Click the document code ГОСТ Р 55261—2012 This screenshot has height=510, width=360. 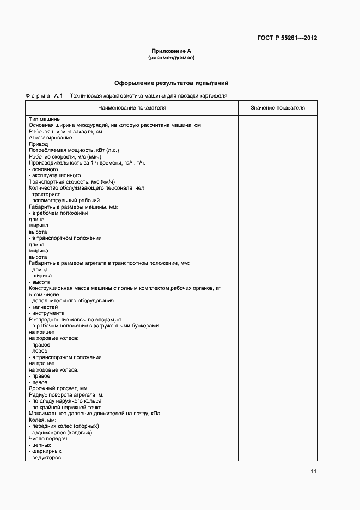coord(287,38)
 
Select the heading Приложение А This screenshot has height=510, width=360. coord(171,51)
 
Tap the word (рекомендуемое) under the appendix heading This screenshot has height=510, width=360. coord(171,57)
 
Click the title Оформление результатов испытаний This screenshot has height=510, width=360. coord(171,83)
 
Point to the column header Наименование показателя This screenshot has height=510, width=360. coord(132,108)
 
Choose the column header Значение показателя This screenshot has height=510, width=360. coord(278,108)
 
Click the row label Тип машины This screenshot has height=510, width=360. coord(45,119)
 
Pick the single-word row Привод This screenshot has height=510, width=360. coord(38,144)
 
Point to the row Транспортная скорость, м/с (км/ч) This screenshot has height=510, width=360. coord(72,182)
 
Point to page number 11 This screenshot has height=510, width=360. coord(314,472)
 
